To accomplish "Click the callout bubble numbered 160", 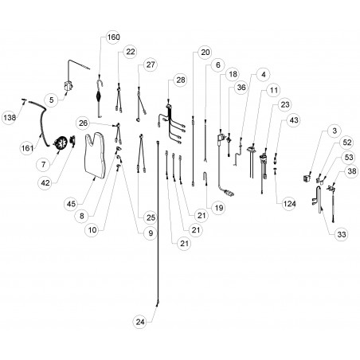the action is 113,37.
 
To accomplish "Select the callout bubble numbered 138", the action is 10,117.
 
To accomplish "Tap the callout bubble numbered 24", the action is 140,322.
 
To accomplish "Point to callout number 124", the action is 289,204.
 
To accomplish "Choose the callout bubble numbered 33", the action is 342,234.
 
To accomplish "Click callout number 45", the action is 71,204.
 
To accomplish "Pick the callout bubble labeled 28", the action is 181,80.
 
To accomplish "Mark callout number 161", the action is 27,148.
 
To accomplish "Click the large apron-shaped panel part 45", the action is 95,155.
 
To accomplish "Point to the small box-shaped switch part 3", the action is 307,178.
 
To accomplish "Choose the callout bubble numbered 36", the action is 241,87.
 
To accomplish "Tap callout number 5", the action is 51,100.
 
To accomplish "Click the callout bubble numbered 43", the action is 294,120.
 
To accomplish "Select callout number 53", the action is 349,157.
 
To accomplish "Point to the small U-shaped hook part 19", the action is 205,178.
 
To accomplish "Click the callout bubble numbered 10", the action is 92,230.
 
